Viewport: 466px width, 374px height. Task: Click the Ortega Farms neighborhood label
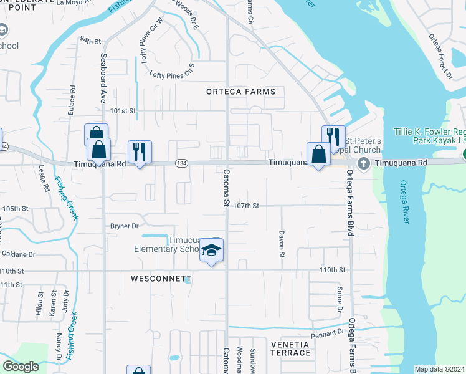[241, 92]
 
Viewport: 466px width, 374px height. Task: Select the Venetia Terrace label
[290, 348]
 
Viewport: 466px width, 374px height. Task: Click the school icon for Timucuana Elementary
[211, 251]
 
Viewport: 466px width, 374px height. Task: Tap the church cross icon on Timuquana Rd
[361, 163]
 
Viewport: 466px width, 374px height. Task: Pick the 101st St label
[123, 110]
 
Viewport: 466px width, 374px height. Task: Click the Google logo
[21, 366]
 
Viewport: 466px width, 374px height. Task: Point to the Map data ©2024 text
[439, 369]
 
